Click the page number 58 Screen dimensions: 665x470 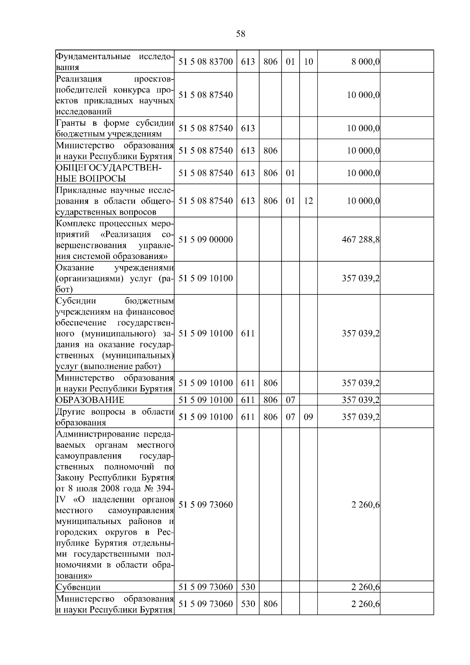[x=240, y=34]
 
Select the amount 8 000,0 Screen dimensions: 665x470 [x=364, y=62]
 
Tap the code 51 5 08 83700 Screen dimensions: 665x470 [x=206, y=62]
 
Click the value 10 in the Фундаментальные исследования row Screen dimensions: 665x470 [x=308, y=62]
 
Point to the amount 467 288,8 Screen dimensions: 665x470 [x=361, y=240]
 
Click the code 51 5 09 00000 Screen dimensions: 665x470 [x=206, y=240]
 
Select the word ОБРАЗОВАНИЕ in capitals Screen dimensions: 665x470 [x=90, y=400]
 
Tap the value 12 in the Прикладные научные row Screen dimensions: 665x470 [x=308, y=201]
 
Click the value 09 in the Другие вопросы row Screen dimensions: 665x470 [x=308, y=417]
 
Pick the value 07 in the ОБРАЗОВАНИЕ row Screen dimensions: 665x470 [x=290, y=400]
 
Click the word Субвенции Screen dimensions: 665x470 [x=78, y=587]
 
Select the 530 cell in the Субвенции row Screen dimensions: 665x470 [x=248, y=587]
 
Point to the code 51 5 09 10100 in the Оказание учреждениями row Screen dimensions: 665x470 [x=206, y=278]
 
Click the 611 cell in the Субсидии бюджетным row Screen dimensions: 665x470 [x=248, y=333]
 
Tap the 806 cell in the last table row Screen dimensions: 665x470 [x=270, y=604]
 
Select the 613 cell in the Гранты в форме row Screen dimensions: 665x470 [x=248, y=128]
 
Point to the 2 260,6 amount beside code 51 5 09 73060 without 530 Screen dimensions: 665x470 [x=365, y=505]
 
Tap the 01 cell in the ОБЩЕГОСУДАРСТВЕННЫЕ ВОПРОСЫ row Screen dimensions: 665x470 [x=290, y=173]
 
